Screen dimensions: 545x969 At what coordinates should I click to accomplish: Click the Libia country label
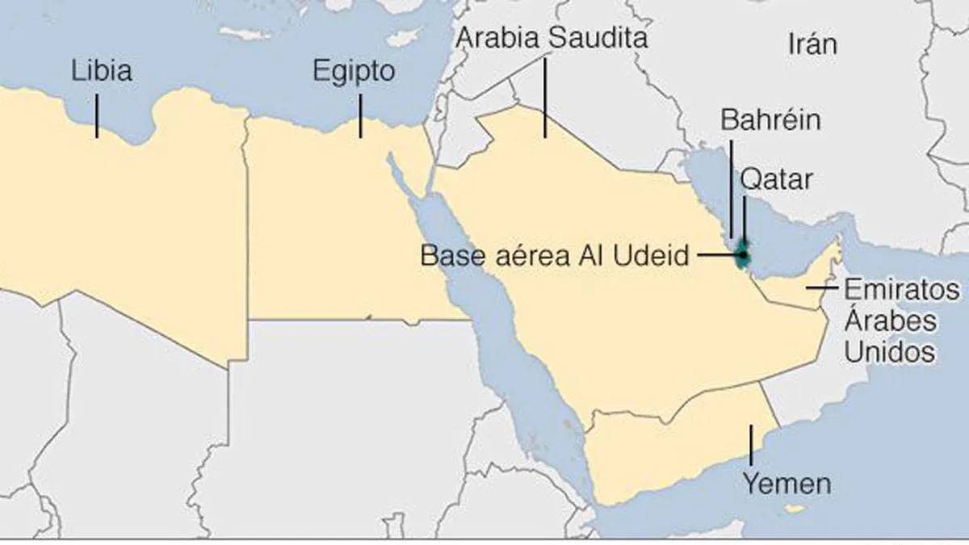(102, 71)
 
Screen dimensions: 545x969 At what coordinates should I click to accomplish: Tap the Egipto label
(354, 72)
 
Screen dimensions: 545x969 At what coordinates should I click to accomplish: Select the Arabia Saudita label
(552, 37)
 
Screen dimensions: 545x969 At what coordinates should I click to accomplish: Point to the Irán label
(812, 44)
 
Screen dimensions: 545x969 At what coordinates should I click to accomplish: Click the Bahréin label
(770, 120)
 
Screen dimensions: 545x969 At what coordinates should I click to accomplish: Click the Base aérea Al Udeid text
(556, 256)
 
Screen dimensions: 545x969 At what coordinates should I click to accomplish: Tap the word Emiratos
(902, 289)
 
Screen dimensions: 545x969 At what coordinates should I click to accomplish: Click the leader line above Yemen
(751, 443)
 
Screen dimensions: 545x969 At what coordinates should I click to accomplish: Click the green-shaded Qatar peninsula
(743, 246)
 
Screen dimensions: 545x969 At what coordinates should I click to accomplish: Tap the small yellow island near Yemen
(798, 509)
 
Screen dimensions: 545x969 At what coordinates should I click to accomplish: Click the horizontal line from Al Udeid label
(716, 256)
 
